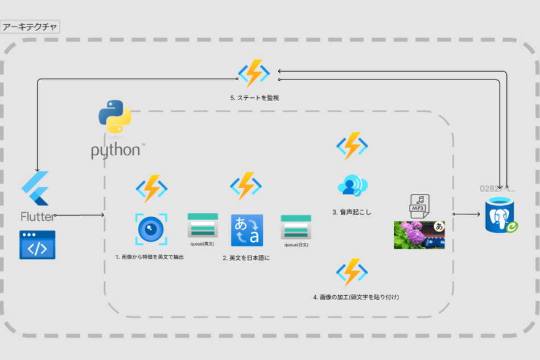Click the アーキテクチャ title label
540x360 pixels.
[x=30, y=27]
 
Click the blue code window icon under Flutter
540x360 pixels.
[x=37, y=245]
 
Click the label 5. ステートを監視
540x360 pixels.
[x=254, y=98]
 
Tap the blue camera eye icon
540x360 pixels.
[x=151, y=229]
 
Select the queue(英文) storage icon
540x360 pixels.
[x=203, y=225]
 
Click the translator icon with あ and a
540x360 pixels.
[x=247, y=230]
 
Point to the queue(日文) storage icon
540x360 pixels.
[x=296, y=227]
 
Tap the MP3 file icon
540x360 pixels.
[x=419, y=206]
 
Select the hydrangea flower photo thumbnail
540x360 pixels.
[x=419, y=235]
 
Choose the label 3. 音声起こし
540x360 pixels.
[x=351, y=212]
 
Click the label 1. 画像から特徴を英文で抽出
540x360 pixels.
[x=150, y=257]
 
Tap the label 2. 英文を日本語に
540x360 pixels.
[x=246, y=258]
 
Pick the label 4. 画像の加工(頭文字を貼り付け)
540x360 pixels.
[x=356, y=297]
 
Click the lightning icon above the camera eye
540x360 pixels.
[x=151, y=188]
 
